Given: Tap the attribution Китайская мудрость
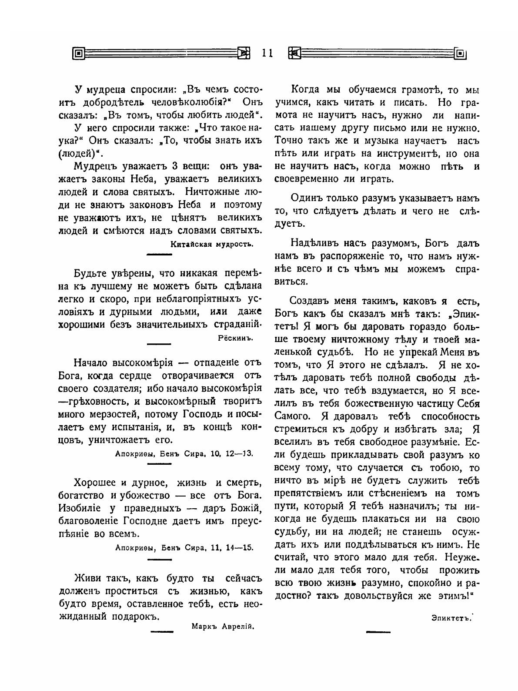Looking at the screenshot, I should tap(211, 244).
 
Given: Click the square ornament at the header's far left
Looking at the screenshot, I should tap(78, 53).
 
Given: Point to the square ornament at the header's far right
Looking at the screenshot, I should tap(460, 53).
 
